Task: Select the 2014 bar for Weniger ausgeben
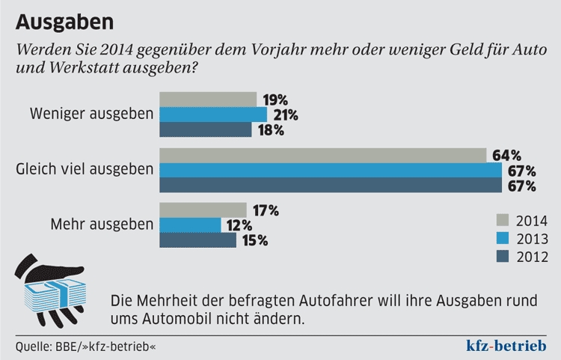(208, 100)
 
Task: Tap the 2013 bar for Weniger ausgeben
(213, 115)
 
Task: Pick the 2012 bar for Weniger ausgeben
(206, 129)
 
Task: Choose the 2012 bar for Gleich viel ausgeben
(331, 185)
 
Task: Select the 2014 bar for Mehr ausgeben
(203, 210)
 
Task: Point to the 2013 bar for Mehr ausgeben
(191, 225)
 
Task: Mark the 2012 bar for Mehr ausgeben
(198, 240)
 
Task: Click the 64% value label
(506, 156)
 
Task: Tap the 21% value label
(285, 115)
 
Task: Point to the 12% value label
(239, 225)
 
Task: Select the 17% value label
(265, 210)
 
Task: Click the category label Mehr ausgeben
(102, 224)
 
